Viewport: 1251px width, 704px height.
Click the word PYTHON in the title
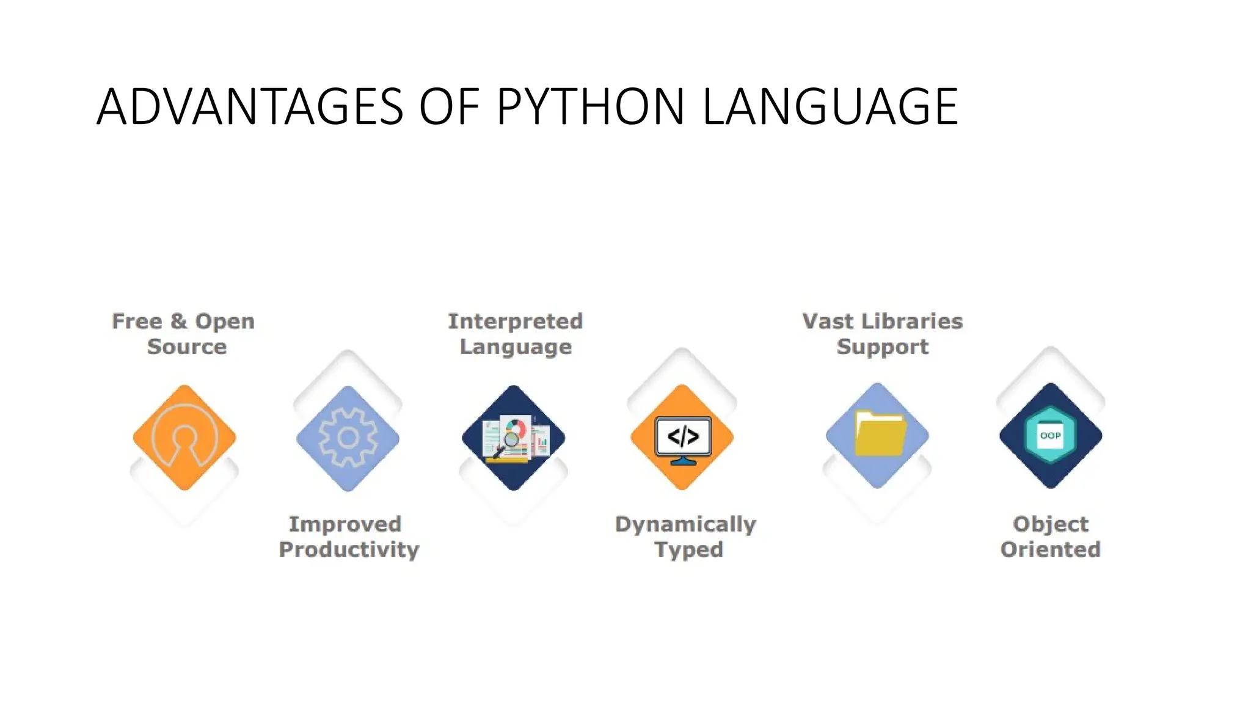590,107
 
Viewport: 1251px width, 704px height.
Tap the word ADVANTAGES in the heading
249,107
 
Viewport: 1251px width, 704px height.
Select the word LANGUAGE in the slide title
830,107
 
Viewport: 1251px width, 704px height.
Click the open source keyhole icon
184,438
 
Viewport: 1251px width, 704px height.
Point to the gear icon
348,438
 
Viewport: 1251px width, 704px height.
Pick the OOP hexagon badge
1050,435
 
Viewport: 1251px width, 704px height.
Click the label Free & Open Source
184,334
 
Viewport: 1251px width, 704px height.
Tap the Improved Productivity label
348,537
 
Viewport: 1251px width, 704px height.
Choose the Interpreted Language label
515,334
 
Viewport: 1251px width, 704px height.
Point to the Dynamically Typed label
685,537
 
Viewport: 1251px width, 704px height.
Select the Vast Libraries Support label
882,334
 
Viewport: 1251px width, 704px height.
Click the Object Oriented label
1050,537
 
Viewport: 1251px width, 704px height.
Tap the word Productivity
349,549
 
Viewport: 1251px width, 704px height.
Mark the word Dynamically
685,524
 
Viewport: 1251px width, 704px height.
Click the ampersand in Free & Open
178,321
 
